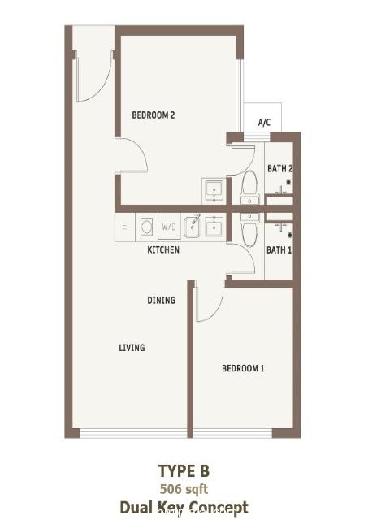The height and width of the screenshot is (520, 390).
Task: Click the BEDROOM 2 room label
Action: (x=154, y=115)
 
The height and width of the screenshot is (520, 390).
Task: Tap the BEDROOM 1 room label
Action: (x=243, y=368)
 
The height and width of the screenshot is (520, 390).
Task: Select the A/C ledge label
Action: (x=264, y=123)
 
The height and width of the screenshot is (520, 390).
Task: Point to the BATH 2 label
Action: (x=279, y=168)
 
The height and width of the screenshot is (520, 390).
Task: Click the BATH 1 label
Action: (x=279, y=249)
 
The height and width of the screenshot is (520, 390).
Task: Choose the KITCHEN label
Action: (x=163, y=249)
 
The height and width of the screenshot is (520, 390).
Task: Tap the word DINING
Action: (x=161, y=300)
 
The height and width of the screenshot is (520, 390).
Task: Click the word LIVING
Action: (x=132, y=348)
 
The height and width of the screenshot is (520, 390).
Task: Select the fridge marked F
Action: (x=124, y=227)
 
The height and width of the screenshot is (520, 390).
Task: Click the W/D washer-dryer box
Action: (x=169, y=227)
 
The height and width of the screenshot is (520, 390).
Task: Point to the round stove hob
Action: (x=146, y=227)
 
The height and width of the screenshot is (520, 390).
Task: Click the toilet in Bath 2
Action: (x=249, y=188)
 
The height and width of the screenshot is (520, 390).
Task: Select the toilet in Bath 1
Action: (x=249, y=230)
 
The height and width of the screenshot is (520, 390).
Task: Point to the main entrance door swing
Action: (x=93, y=77)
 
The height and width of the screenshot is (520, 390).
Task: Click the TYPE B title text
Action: (x=184, y=471)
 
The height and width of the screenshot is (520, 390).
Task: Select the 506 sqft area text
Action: (x=184, y=489)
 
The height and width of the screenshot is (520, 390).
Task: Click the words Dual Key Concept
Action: (x=184, y=507)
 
